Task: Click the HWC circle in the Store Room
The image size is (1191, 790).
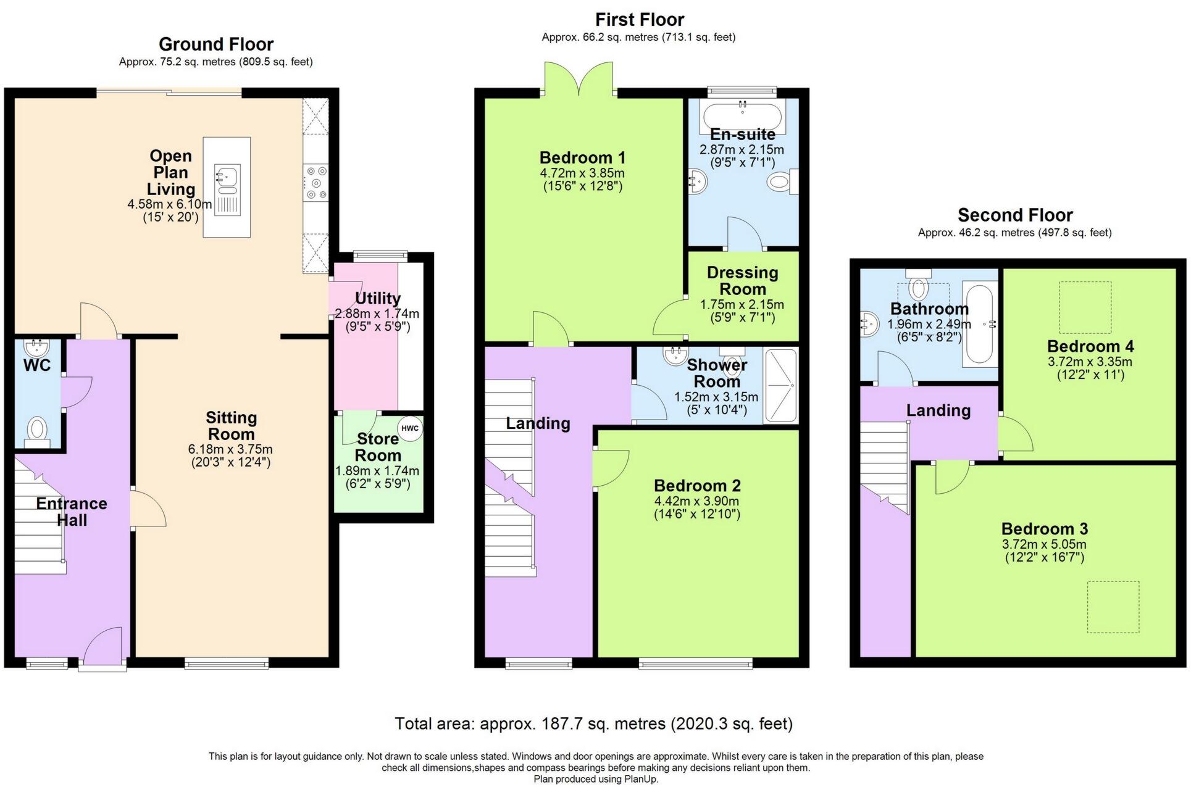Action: pyautogui.click(x=410, y=428)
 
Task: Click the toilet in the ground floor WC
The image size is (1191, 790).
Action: pyautogui.click(x=38, y=430)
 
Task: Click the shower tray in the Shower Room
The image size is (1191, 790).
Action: pyautogui.click(x=781, y=386)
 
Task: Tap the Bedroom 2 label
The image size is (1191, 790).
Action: pyautogui.click(x=697, y=486)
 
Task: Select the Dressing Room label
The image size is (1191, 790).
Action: pyautogui.click(x=742, y=281)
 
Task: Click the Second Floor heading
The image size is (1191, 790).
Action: pyautogui.click(x=1014, y=215)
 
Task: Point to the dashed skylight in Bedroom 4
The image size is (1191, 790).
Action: pyautogui.click(x=1085, y=307)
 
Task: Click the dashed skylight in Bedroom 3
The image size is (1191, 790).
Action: pyautogui.click(x=1113, y=607)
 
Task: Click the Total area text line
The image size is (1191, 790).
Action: pyautogui.click(x=593, y=723)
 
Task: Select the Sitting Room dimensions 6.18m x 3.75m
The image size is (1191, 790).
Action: pyautogui.click(x=230, y=449)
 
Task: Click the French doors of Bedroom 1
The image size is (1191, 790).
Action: pyautogui.click(x=579, y=80)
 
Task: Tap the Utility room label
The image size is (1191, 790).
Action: pyautogui.click(x=377, y=299)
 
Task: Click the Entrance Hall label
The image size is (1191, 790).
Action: pyautogui.click(x=72, y=512)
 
